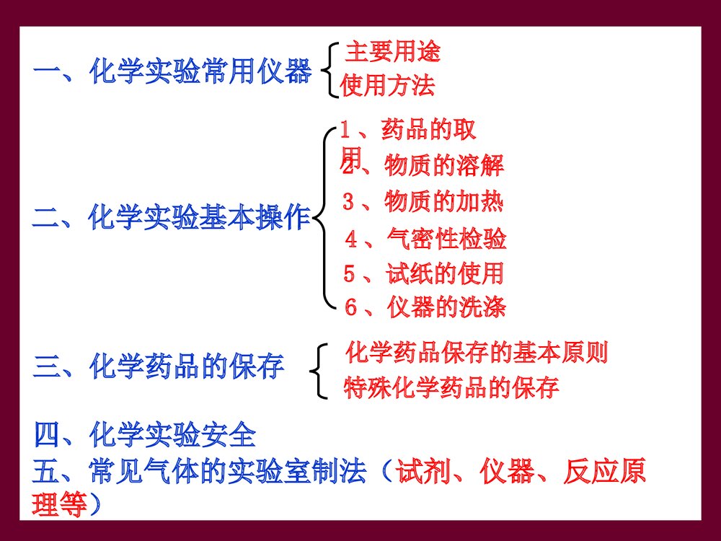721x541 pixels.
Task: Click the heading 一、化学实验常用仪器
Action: pyautogui.click(x=172, y=72)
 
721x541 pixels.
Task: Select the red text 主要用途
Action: pyautogui.click(x=393, y=52)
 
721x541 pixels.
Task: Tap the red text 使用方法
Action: pyautogui.click(x=388, y=87)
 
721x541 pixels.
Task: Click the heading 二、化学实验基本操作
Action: pyautogui.click(x=172, y=217)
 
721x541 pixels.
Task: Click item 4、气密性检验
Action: pyautogui.click(x=425, y=238)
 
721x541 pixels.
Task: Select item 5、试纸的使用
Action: pyautogui.click(x=423, y=273)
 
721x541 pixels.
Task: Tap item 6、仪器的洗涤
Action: pyautogui.click(x=425, y=308)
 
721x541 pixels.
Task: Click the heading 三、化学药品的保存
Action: pyautogui.click(x=159, y=366)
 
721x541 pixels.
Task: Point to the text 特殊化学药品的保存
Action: pyautogui.click(x=451, y=387)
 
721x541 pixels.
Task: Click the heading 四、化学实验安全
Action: pyautogui.click(x=145, y=436)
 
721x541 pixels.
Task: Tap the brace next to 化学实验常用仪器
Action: pyautogui.click(x=328, y=69)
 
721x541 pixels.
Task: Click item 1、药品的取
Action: pyautogui.click(x=408, y=131)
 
